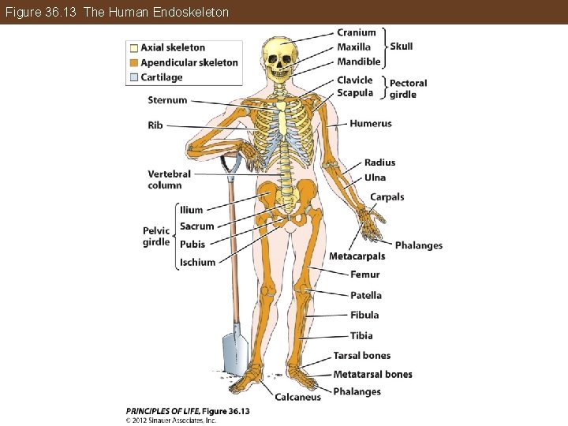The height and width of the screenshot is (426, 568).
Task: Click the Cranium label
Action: click(357, 32)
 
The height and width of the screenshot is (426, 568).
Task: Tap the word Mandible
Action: click(359, 62)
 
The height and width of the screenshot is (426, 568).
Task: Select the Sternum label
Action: click(167, 100)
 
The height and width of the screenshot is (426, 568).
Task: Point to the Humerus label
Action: click(370, 124)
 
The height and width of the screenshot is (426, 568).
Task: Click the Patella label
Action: click(365, 295)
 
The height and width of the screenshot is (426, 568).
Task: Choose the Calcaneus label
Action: click(297, 398)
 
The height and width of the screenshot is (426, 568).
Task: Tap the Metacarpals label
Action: click(357, 256)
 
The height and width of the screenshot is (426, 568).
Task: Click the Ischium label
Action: click(197, 263)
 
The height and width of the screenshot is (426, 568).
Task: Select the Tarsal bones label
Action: click(361, 356)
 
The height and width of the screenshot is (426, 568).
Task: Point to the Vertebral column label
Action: click(169, 179)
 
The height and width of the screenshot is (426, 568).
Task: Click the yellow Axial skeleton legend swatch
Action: click(134, 48)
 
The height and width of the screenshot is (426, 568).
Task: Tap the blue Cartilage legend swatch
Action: click(134, 77)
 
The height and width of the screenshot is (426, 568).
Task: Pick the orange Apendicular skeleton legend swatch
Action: click(134, 63)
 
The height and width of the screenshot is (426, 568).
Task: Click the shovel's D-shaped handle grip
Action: click(230, 165)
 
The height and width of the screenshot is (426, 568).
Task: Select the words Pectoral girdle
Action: click(408, 88)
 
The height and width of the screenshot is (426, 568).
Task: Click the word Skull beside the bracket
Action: click(402, 47)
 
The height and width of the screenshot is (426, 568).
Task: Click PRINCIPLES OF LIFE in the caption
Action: click(163, 411)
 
